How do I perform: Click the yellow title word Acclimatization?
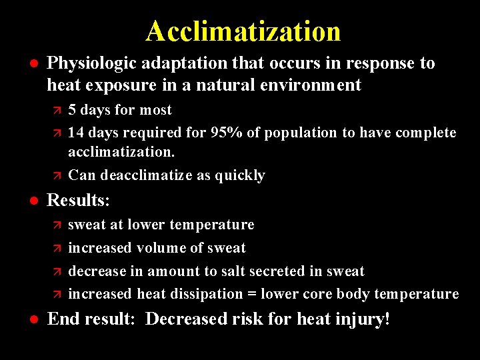[x=243, y=31]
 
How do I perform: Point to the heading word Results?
[x=79, y=200]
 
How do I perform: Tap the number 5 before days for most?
[x=72, y=110]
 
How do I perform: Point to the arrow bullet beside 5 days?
[x=57, y=111]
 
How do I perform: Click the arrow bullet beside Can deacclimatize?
[x=57, y=176]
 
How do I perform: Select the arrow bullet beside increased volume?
[x=57, y=249]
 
